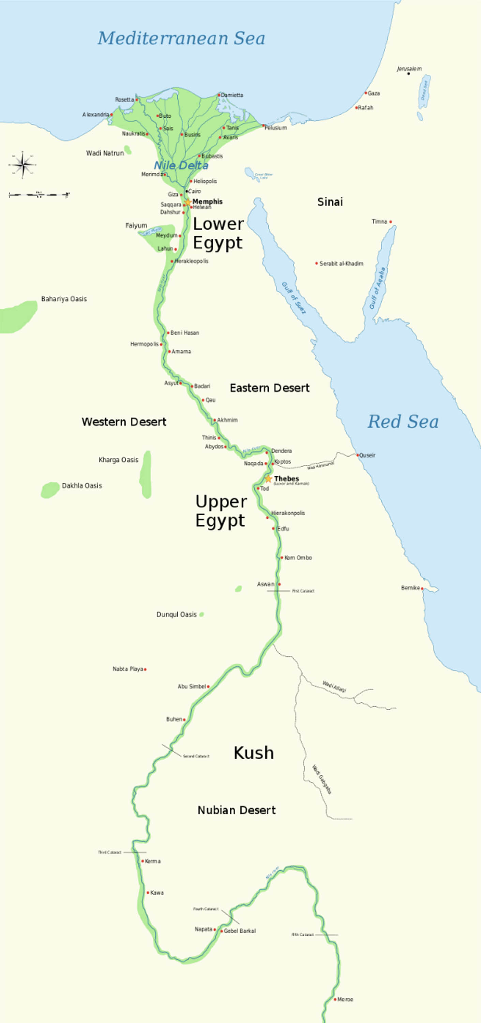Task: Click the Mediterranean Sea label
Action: tap(181, 39)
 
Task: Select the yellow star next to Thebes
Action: tap(269, 478)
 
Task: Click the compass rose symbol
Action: tap(22, 164)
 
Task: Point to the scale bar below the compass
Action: tap(39, 195)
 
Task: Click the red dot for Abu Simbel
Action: tap(208, 686)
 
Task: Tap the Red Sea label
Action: tap(403, 422)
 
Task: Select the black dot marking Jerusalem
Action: tap(409, 73)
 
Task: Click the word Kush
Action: tap(254, 753)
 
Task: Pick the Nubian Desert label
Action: tap(237, 810)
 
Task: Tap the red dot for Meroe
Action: tap(335, 999)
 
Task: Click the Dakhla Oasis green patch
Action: tap(50, 490)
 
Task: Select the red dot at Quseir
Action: tap(358, 455)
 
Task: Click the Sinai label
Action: tap(330, 202)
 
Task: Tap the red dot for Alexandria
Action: tap(111, 114)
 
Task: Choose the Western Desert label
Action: tap(124, 422)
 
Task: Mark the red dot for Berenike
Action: tap(422, 588)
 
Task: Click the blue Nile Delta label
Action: tap(181, 166)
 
